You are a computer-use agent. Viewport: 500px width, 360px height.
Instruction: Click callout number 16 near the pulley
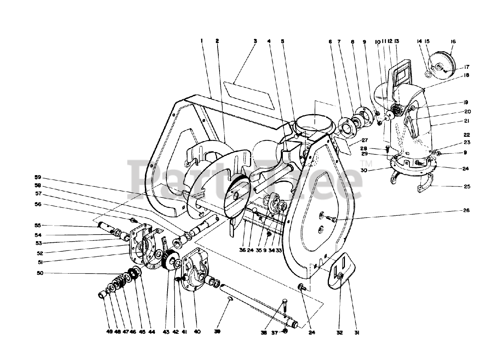[453, 41]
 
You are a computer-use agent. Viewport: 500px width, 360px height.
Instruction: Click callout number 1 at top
[202, 41]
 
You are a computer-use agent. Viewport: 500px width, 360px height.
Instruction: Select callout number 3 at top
[255, 41]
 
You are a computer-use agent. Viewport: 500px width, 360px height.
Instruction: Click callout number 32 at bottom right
[339, 333]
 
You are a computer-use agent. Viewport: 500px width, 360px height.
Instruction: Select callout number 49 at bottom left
[109, 332]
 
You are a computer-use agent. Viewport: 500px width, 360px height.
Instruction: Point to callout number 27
[365, 140]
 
